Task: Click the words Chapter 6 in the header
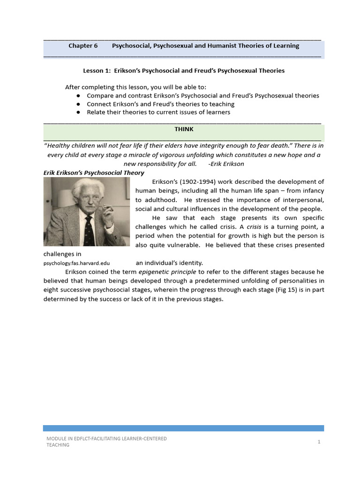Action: point(83,45)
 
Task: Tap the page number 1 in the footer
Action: point(319,442)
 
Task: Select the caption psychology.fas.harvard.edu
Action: point(76,263)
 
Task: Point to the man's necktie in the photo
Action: point(88,230)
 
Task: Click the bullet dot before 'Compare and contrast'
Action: point(77,96)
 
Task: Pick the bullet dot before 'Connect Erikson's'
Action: point(77,104)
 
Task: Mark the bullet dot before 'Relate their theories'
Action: point(77,112)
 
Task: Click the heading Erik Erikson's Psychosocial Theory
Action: point(94,173)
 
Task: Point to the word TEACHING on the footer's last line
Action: point(58,445)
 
